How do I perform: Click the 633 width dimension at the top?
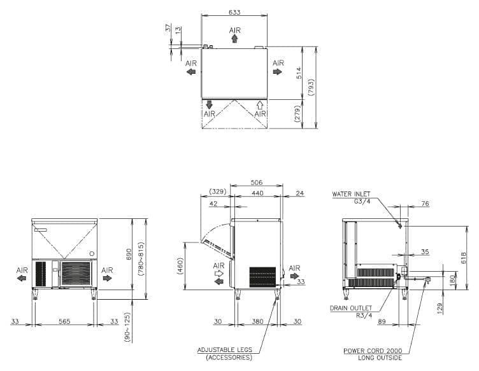(234, 12)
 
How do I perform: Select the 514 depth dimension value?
(299, 73)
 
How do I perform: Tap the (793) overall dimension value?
(311, 88)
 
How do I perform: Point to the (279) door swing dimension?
(297, 113)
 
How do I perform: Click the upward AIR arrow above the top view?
(234, 38)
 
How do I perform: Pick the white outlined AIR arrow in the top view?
(260, 105)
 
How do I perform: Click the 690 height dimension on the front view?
(129, 254)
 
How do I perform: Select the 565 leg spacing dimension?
(64, 321)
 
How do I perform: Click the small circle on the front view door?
(92, 253)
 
